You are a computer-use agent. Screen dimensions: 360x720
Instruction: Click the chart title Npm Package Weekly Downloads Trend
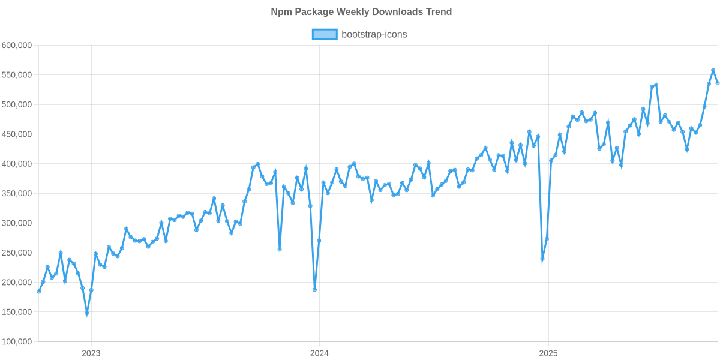click(361, 12)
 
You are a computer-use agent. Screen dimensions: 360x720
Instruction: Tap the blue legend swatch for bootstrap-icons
click(324, 35)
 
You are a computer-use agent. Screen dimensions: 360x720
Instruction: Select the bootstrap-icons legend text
click(374, 35)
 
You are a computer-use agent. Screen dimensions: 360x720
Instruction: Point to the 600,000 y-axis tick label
click(17, 45)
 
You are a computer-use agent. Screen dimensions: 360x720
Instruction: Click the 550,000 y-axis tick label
click(17, 75)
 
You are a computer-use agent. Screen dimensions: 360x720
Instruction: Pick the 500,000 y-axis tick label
click(17, 104)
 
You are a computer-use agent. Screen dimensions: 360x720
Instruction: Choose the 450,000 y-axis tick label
click(17, 134)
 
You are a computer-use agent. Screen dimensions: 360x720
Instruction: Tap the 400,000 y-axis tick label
click(17, 164)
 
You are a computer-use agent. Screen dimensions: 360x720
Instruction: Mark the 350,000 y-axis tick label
click(17, 194)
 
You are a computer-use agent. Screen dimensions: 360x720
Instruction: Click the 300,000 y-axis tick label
click(17, 223)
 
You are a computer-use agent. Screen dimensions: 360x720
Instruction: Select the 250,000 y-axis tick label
click(17, 253)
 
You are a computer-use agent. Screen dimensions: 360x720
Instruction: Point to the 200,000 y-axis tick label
click(17, 283)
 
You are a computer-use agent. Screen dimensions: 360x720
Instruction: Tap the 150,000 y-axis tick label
click(17, 313)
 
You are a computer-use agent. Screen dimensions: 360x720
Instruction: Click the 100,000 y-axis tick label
click(17, 342)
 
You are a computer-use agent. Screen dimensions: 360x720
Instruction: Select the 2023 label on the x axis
click(91, 353)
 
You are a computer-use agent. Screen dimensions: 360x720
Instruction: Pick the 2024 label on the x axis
click(319, 353)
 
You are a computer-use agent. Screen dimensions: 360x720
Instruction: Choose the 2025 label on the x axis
click(548, 353)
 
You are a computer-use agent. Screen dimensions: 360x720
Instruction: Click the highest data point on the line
click(713, 70)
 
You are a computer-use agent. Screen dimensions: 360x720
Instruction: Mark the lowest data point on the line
click(87, 314)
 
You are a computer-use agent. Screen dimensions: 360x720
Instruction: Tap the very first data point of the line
click(38, 292)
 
